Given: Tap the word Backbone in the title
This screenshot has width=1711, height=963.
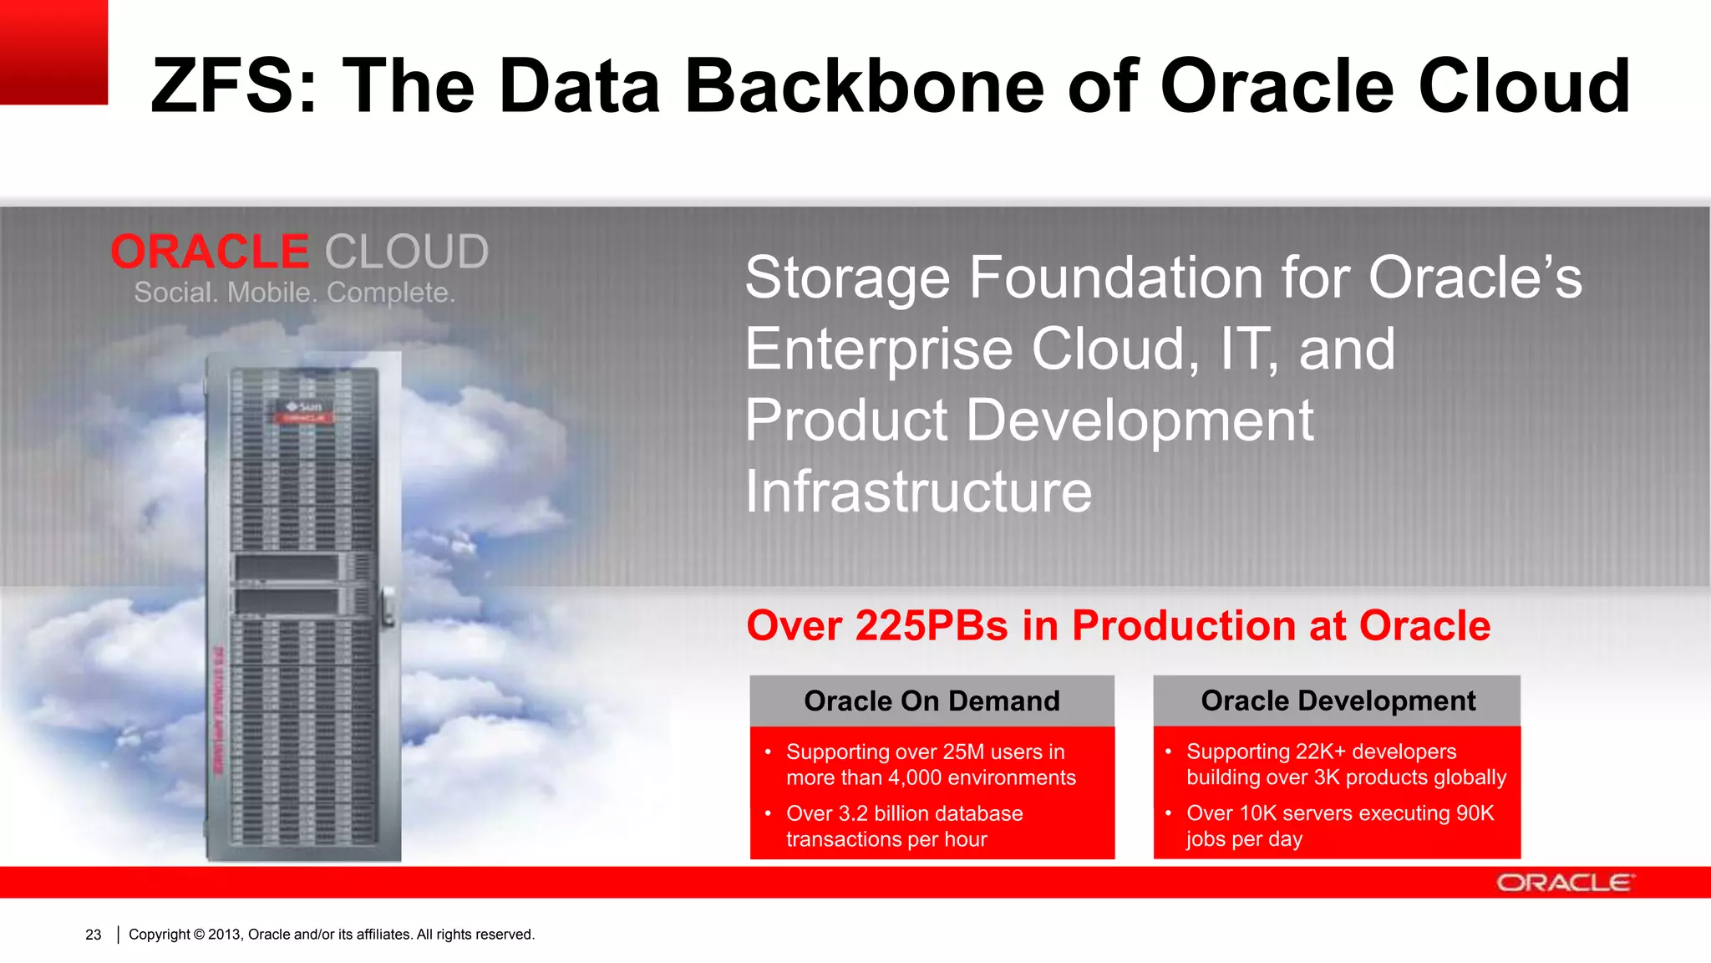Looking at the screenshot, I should tap(865, 86).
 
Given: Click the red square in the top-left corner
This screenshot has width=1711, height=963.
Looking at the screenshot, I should tap(53, 52).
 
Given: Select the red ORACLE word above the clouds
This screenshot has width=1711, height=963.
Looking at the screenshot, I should tap(210, 252).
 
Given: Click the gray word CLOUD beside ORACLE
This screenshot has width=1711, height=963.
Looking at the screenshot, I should tap(406, 252).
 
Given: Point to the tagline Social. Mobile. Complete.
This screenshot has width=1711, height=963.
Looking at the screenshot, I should tap(294, 293).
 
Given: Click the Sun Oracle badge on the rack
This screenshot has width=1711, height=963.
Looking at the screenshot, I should tap(305, 410).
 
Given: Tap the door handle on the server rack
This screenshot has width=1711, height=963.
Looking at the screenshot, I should tap(388, 607).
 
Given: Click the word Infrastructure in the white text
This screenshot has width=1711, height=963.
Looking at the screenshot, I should tap(918, 492).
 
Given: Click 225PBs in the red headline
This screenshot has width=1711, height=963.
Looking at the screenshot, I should tap(932, 625).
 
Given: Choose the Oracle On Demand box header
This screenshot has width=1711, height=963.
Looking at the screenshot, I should tap(932, 701).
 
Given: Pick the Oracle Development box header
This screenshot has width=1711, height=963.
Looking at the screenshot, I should tap(1338, 701).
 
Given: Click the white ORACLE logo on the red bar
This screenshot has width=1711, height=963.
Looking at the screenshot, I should tap(1565, 883).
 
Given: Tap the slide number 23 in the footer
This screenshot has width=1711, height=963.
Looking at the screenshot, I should tap(94, 935).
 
